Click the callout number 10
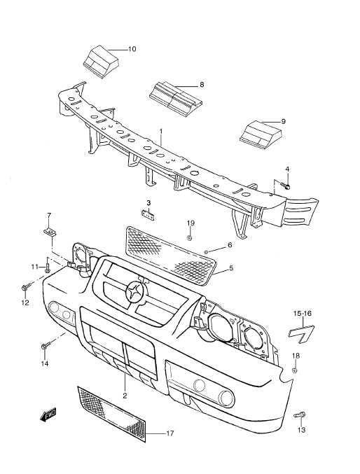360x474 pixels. (132, 49)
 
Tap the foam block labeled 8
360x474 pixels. (175, 96)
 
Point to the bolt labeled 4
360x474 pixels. (285, 186)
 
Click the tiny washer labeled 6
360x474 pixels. (207, 251)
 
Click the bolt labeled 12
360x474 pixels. (26, 287)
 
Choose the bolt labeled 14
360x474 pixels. (45, 346)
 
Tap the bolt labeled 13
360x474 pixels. (300, 415)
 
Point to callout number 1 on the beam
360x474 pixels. (160, 131)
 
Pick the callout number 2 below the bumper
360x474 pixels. (125, 396)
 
